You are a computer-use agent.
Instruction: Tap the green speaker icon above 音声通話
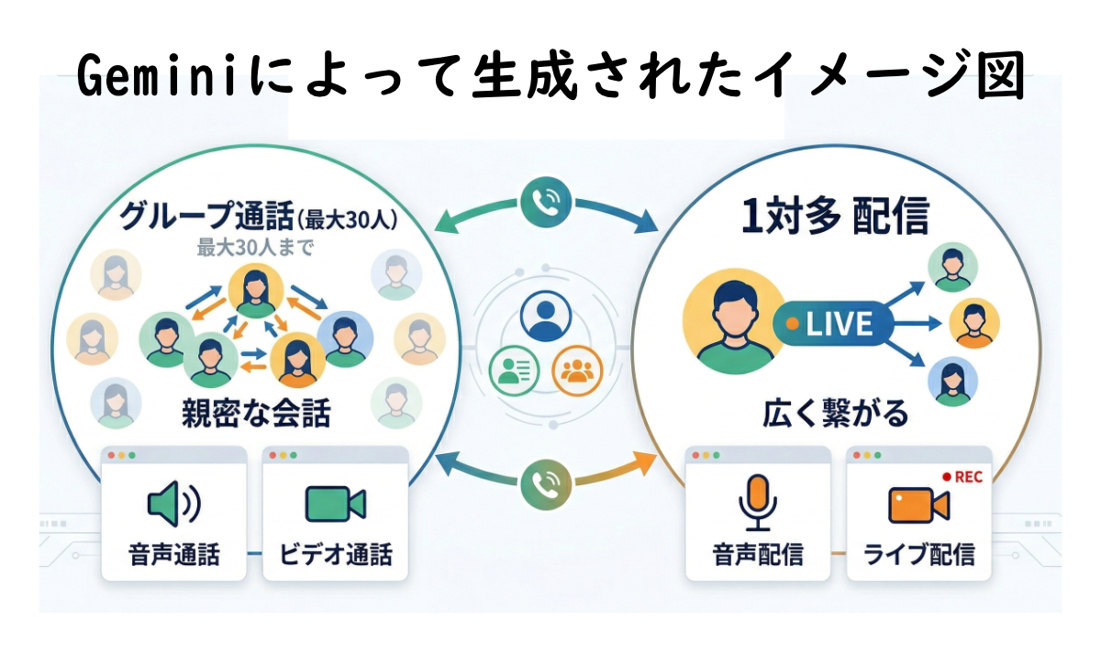point(174,504)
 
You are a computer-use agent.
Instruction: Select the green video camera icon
point(335,504)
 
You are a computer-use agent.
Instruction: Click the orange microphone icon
point(758,503)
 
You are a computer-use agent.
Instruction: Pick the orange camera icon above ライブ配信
point(918,505)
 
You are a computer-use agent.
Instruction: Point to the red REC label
point(962,477)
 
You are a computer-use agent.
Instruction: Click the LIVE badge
point(833,324)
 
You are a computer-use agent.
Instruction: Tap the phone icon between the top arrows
point(546,202)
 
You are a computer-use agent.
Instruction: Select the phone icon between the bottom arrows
point(546,484)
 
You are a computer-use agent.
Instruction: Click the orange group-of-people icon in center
point(577,371)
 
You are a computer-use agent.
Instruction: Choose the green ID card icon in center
point(514,371)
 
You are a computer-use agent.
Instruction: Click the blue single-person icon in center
point(546,316)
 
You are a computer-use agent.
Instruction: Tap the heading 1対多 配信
point(835,216)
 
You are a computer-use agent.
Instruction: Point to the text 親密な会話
point(256,414)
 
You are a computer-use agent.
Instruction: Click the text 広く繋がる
point(835,414)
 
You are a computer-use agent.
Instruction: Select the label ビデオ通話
point(336,554)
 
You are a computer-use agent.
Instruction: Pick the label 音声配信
point(758,554)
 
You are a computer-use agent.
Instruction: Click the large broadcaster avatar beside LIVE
point(734,321)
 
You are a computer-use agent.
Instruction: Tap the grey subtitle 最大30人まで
point(255,248)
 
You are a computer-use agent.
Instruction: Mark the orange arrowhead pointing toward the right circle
point(645,463)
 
